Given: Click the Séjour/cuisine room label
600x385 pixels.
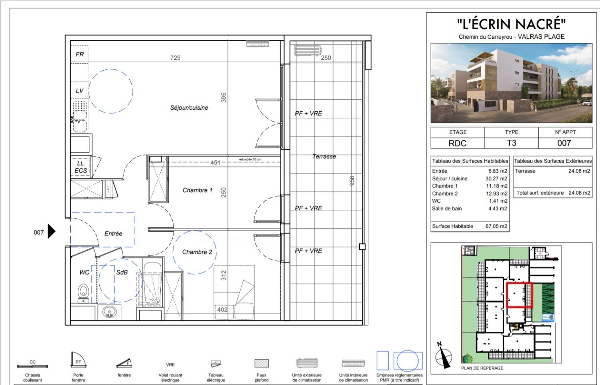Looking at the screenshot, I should pyautogui.click(x=189, y=108).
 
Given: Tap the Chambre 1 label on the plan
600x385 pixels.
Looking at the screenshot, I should pyautogui.click(x=197, y=190).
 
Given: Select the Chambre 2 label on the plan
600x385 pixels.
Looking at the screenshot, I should pyautogui.click(x=197, y=252).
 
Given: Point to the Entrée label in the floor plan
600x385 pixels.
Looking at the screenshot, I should pyautogui.click(x=113, y=234).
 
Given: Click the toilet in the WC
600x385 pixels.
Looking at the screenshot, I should pyautogui.click(x=83, y=292).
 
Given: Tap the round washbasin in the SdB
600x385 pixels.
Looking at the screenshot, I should pyautogui.click(x=109, y=312).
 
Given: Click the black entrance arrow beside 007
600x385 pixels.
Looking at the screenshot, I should pyautogui.click(x=51, y=231).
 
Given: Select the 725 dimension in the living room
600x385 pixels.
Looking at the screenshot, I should pyautogui.click(x=175, y=58).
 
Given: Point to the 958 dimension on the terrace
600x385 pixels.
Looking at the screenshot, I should pyautogui.click(x=352, y=181).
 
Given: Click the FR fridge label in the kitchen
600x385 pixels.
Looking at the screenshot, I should pyautogui.click(x=80, y=54).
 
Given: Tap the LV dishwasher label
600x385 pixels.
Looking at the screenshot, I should pyautogui.click(x=80, y=91).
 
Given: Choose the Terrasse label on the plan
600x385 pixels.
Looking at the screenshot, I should pyautogui.click(x=324, y=156).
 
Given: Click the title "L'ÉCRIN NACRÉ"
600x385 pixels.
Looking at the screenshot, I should pyautogui.click(x=511, y=24).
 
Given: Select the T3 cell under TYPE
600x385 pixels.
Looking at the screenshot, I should pyautogui.click(x=511, y=143).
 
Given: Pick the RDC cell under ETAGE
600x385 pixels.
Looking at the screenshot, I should pyautogui.click(x=458, y=143).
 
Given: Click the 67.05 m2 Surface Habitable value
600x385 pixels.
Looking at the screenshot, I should pyautogui.click(x=496, y=226).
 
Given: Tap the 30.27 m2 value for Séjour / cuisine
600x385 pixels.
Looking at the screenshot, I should pyautogui.click(x=496, y=179).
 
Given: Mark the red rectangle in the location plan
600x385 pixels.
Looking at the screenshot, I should pyautogui.click(x=519, y=295).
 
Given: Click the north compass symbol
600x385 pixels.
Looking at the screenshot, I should pyautogui.click(x=443, y=356).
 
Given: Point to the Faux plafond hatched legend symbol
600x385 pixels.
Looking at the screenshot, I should pyautogui.click(x=262, y=363).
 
